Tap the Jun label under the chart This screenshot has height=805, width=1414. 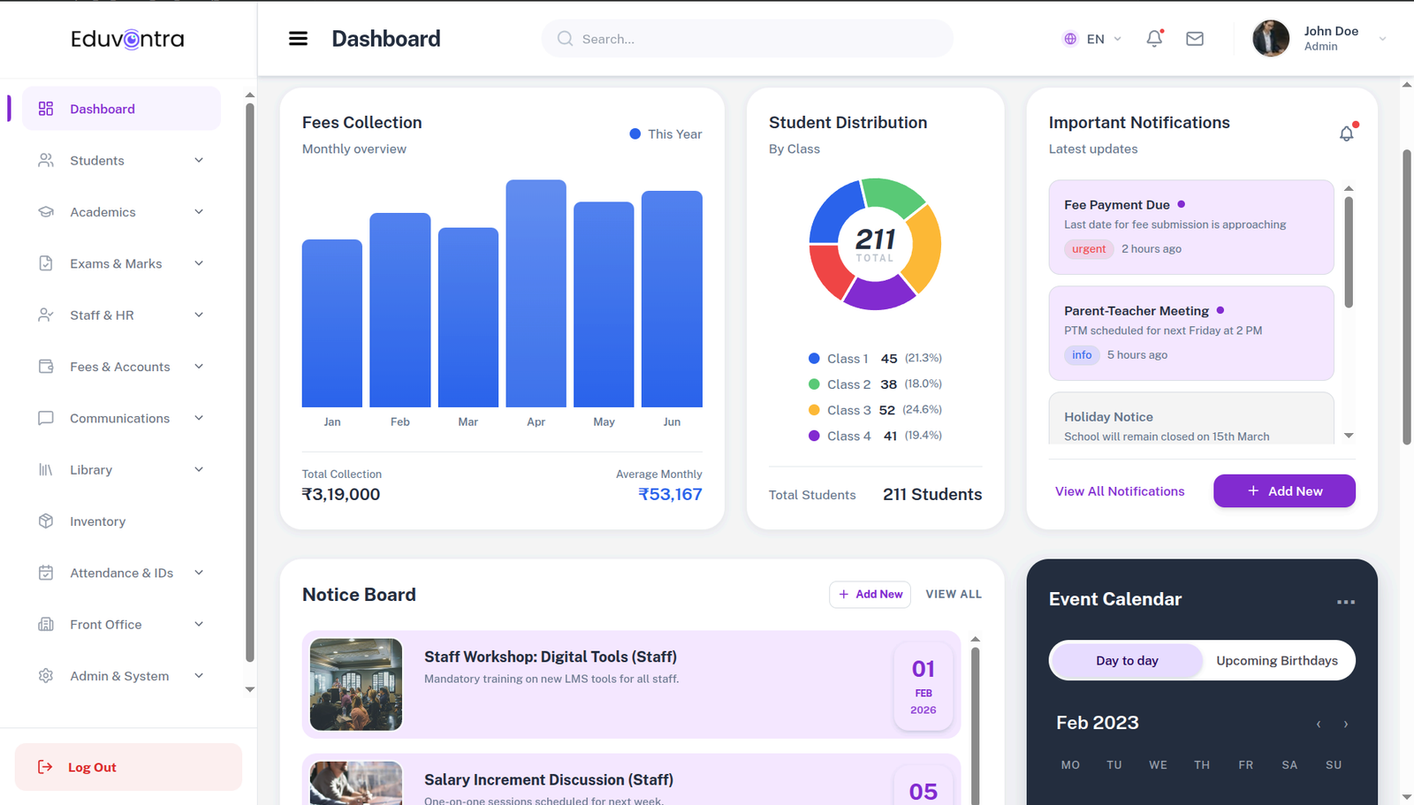pos(672,422)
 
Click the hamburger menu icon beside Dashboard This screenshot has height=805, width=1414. pos(299,39)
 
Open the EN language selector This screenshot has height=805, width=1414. pos(1092,39)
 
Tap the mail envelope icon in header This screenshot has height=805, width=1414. pos(1195,39)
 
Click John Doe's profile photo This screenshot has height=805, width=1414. pos(1270,39)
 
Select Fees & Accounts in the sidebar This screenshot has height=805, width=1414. pos(120,367)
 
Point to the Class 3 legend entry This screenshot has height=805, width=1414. pos(848,410)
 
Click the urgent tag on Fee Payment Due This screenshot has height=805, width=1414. pos(1088,249)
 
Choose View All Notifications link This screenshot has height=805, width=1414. pos(1119,491)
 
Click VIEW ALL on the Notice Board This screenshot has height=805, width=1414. pos(953,595)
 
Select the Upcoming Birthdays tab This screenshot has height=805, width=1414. pos(1276,661)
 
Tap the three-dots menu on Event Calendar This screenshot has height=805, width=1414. pos(1345,602)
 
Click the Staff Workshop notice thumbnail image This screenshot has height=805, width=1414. pos(356,685)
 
